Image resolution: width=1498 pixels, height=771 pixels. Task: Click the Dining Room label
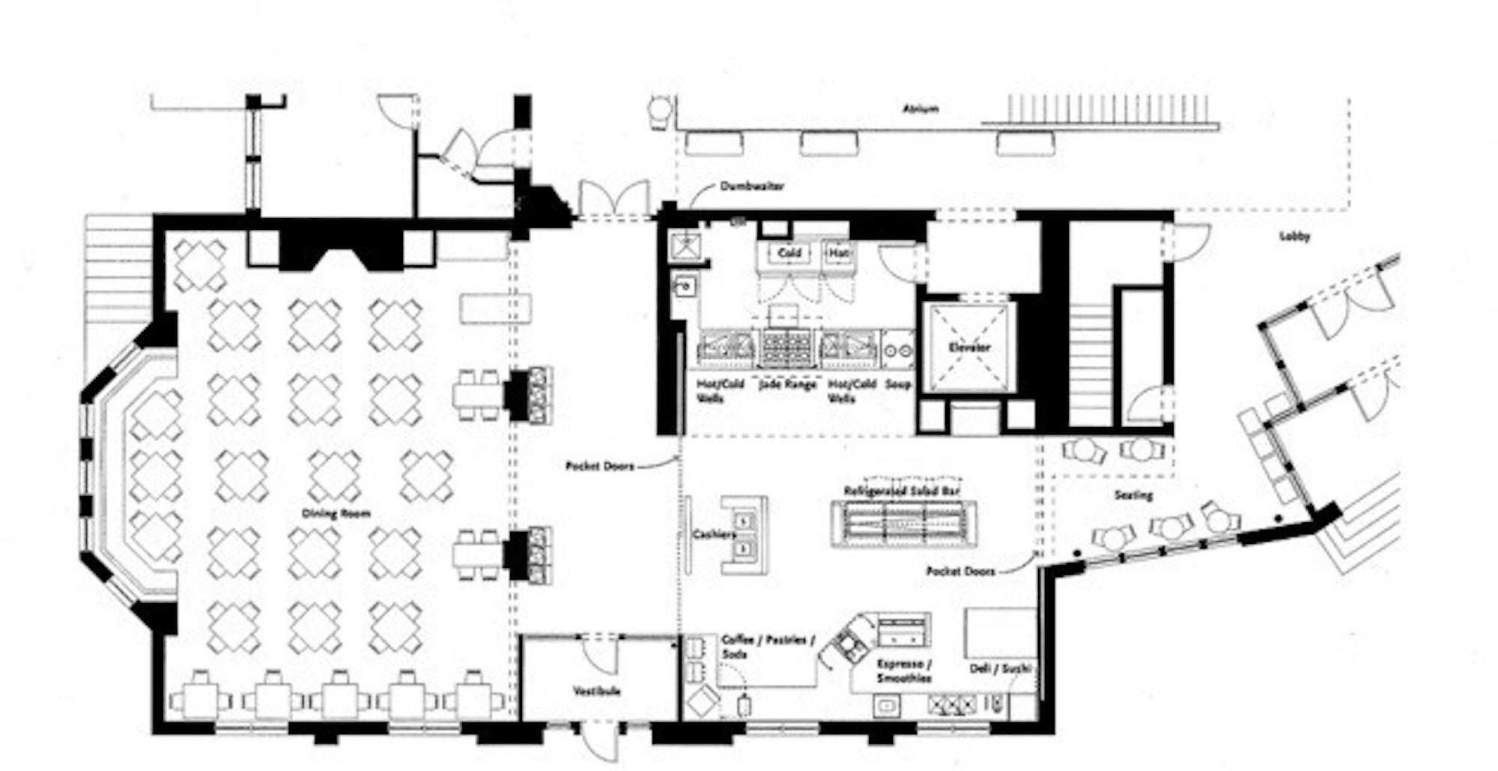(x=336, y=514)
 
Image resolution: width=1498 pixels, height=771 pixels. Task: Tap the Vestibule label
(x=597, y=691)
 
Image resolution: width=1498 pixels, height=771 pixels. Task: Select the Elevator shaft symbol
(x=968, y=347)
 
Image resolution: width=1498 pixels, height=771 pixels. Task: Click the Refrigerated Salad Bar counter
(x=903, y=522)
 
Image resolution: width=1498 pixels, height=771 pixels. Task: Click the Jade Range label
(x=786, y=384)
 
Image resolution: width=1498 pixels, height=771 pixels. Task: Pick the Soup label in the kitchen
(x=898, y=384)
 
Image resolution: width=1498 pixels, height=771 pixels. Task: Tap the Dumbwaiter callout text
(x=752, y=186)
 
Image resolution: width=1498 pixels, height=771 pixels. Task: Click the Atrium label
(x=920, y=109)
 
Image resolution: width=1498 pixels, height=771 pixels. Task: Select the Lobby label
(x=1294, y=237)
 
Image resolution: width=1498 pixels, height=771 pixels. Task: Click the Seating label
(x=1132, y=495)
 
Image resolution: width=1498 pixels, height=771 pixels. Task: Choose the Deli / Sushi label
(x=1000, y=668)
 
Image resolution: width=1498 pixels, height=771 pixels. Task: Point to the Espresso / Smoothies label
(x=904, y=671)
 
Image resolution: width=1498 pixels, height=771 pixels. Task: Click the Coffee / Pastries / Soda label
(x=764, y=647)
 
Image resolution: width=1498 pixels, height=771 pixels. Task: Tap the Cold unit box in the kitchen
(x=789, y=253)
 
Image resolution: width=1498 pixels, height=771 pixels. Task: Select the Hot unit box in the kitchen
(x=837, y=253)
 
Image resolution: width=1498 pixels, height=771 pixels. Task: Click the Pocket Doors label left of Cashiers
(x=599, y=466)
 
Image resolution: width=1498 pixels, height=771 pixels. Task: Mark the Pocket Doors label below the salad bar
(x=960, y=571)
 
